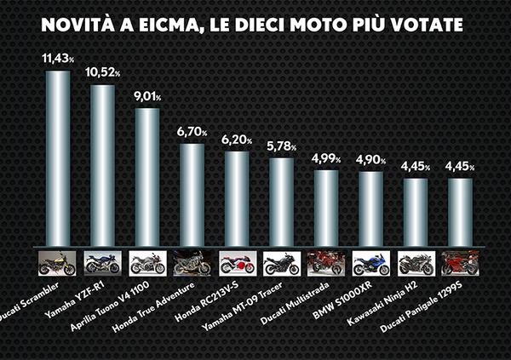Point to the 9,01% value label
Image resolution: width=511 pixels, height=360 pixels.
(148, 98)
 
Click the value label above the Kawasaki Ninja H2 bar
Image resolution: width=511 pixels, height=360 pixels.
(416, 167)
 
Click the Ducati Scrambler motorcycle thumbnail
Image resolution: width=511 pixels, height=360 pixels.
(58, 263)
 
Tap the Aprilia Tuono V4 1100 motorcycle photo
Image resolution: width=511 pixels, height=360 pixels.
(147, 263)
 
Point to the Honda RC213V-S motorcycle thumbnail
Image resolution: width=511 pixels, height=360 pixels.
(237, 263)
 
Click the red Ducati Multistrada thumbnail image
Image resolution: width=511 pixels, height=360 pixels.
(326, 263)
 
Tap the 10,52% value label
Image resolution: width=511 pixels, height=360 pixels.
(103, 74)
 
